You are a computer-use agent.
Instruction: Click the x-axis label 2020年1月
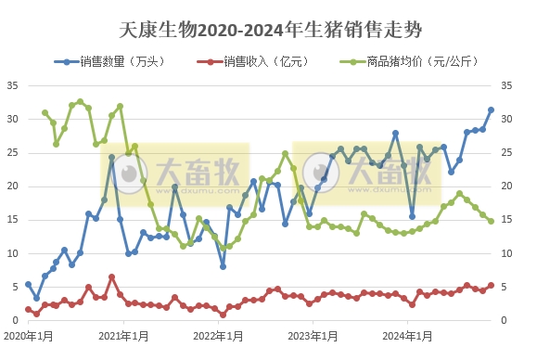[x=27, y=334]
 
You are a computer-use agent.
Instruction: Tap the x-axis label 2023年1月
[x=313, y=334]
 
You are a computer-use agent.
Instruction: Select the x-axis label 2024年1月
[x=408, y=334]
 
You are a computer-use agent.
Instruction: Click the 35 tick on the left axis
[x=13, y=85]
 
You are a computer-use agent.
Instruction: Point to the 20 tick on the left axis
[x=13, y=186]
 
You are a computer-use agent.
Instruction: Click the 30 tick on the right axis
[x=506, y=119]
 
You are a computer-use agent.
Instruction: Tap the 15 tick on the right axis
[x=506, y=220]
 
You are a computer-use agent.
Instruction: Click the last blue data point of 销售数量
[x=491, y=109]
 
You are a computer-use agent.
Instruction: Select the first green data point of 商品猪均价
[x=45, y=112]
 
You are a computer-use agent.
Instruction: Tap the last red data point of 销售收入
[x=491, y=286]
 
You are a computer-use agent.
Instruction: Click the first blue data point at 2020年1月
[x=28, y=284]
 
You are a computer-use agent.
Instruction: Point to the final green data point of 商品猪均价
[x=491, y=221]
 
